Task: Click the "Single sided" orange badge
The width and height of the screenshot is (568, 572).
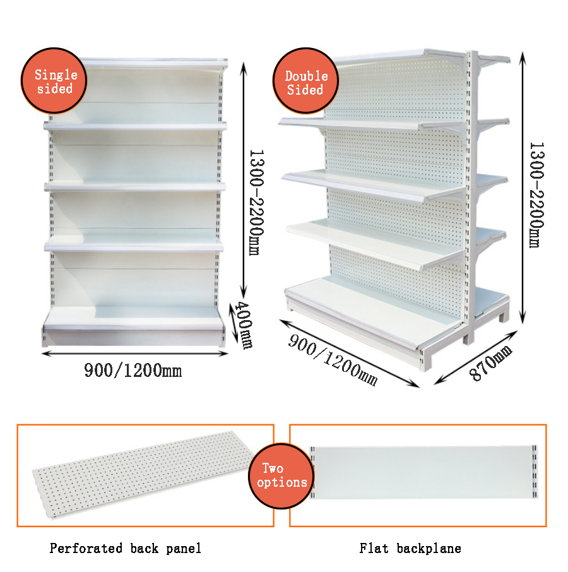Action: pyautogui.click(x=54, y=81)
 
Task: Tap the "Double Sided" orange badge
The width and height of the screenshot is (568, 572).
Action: pyautogui.click(x=306, y=81)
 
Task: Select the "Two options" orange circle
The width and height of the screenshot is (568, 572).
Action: pyautogui.click(x=281, y=475)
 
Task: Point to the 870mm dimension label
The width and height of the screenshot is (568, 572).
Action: pyautogui.click(x=490, y=362)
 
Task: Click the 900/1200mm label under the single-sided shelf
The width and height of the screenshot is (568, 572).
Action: pyautogui.click(x=133, y=370)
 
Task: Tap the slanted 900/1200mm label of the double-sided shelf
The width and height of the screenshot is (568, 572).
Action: pyautogui.click(x=333, y=360)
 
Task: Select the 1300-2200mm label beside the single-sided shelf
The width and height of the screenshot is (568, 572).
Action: pyautogui.click(x=256, y=203)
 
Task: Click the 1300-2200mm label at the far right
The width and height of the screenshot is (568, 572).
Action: pyautogui.click(x=536, y=195)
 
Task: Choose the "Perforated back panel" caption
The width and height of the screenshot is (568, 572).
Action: pyautogui.click(x=126, y=548)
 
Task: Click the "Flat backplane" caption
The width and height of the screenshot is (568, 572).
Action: pyautogui.click(x=410, y=548)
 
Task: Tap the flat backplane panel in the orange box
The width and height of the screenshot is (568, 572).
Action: pyautogui.click(x=423, y=472)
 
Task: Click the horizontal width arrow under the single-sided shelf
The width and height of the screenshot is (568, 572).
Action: pyautogui.click(x=134, y=354)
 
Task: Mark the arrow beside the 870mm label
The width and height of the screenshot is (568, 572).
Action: pyautogui.click(x=476, y=357)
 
